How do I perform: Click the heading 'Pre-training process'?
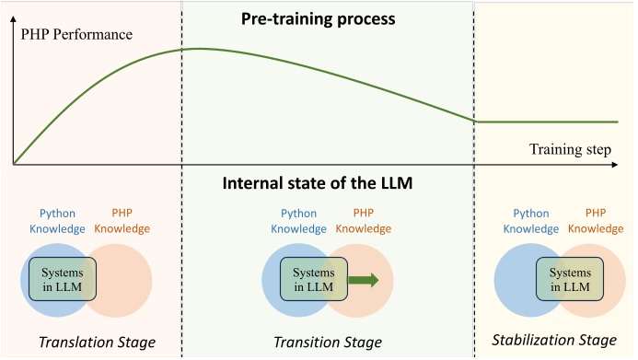(318, 17)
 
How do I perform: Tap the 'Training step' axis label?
(570, 149)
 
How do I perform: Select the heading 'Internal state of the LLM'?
(318, 182)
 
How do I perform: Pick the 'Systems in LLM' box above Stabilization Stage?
(569, 278)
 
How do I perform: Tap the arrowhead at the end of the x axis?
(614, 165)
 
